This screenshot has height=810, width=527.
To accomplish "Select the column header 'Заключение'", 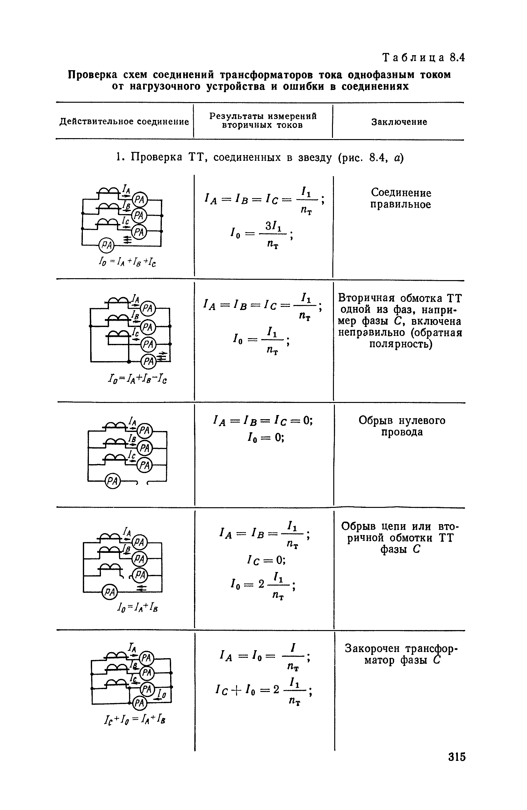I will pos(399,122).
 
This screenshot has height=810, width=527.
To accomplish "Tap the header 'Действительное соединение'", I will pos(124,122).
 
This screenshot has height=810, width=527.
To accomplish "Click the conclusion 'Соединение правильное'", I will pos(401,198).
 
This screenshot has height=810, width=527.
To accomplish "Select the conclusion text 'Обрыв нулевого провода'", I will pos(401,426).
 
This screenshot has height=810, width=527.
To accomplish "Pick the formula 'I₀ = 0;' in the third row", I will pos(265,437).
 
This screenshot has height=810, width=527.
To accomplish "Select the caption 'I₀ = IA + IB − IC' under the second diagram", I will pos(137,378).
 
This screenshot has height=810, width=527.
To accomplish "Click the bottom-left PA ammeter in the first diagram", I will pos(107,245).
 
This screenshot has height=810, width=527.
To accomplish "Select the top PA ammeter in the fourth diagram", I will pos(139,542).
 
